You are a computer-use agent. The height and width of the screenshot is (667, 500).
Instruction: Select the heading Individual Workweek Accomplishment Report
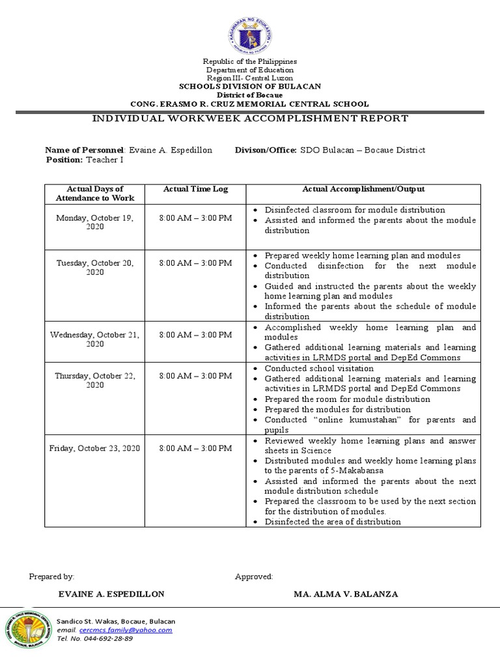point(250,119)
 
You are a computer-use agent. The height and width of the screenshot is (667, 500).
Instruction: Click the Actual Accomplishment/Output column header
point(363,190)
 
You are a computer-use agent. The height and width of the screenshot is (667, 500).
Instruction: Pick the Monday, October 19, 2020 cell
point(94,222)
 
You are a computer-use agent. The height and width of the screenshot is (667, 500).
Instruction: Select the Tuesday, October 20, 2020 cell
point(94,267)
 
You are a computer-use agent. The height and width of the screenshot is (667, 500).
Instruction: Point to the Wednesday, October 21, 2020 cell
point(94,339)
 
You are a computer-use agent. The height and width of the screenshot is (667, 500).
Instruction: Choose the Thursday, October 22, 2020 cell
point(94,380)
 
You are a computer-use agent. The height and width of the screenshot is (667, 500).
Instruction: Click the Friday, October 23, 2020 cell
point(94,448)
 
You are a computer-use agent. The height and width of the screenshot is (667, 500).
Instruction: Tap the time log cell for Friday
point(195,448)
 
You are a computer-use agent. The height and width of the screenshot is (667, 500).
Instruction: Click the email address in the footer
point(124,630)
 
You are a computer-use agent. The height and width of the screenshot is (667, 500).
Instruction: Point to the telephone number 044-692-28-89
point(104,638)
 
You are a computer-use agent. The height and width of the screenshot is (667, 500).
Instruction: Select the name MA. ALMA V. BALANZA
point(346,594)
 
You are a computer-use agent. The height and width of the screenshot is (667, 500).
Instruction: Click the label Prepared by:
point(51,576)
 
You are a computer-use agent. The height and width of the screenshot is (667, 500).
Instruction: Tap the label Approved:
point(253,576)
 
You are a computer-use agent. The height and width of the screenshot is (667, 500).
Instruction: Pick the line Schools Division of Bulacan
point(250,87)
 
